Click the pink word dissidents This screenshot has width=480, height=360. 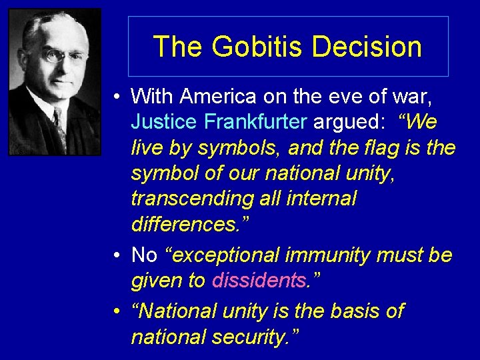point(257,281)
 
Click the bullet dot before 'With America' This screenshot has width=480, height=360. point(117,97)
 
